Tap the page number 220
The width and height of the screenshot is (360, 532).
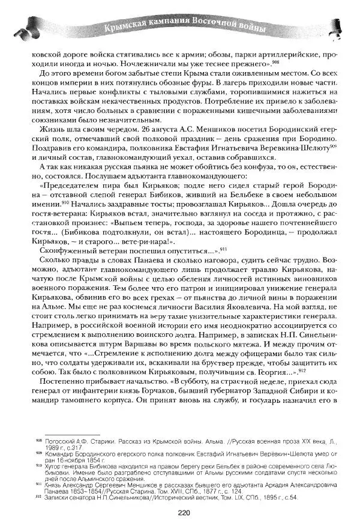(x=184, y=512)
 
